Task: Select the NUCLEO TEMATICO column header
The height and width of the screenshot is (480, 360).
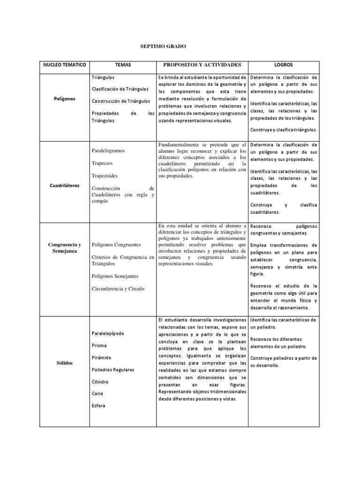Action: pos(64,65)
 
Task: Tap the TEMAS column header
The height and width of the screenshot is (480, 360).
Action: pos(122,65)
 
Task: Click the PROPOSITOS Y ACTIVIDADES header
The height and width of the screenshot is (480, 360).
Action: pos(202,65)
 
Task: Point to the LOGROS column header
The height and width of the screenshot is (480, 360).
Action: pos(284,65)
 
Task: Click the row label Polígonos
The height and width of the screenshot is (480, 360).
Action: pos(64,99)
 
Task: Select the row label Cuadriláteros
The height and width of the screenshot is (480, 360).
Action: pos(64,186)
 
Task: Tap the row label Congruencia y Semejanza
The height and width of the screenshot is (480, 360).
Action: pos(64,248)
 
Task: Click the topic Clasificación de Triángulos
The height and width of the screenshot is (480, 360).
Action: pos(120,89)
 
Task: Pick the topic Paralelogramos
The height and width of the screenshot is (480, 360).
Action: pos(108,151)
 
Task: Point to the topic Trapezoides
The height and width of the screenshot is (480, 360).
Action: pos(105,176)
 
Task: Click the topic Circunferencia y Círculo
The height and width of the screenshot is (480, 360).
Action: pos(118,289)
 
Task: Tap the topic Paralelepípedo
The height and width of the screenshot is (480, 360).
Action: pos(108,333)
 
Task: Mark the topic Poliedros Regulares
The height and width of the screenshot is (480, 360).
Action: pos(113,370)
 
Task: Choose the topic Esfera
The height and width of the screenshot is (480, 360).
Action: pos(99,406)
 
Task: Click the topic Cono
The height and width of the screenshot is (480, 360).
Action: pos(97,394)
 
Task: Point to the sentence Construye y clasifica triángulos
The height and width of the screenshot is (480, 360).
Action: pos(284,130)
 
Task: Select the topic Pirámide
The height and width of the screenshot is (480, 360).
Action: pos(101,358)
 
